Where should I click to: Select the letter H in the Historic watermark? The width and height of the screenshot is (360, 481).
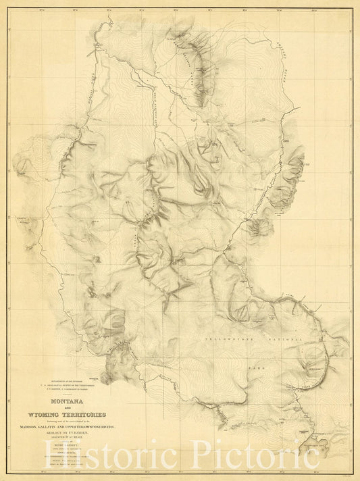coord(103,454)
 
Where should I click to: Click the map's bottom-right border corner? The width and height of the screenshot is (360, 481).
coord(351,471)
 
